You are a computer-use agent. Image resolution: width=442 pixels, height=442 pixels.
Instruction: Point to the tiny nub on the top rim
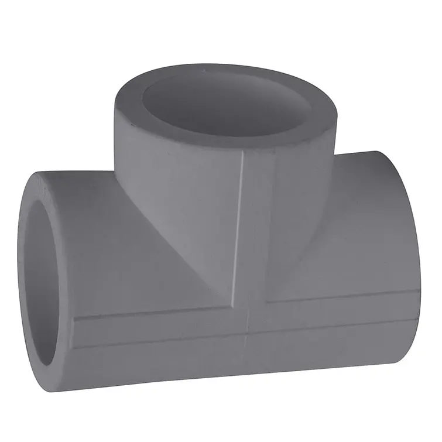tap(203, 71)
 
